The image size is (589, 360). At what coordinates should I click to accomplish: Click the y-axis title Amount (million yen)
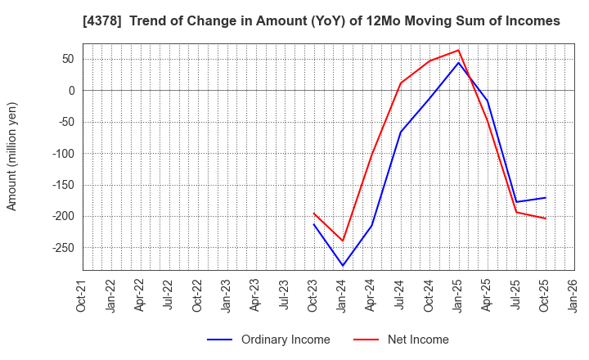12,156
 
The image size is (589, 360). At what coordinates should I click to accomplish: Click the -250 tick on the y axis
62,248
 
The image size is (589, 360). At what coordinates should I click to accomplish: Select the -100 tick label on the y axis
62,154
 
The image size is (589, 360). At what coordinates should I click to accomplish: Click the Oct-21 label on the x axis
83,295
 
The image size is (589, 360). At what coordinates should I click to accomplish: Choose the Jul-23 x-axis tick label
285,295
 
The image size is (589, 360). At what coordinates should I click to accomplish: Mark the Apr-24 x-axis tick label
371,295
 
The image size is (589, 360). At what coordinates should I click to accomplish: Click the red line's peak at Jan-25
459,50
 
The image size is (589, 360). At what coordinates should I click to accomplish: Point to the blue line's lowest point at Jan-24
343,265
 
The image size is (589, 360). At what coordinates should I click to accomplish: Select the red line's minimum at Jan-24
343,241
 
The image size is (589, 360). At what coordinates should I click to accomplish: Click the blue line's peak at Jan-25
459,63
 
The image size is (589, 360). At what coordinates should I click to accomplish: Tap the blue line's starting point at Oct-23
314,224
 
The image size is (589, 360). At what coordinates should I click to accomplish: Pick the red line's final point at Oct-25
546,218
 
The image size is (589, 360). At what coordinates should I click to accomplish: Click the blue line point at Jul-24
401,133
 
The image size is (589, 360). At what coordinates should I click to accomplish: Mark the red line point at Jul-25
516,212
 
